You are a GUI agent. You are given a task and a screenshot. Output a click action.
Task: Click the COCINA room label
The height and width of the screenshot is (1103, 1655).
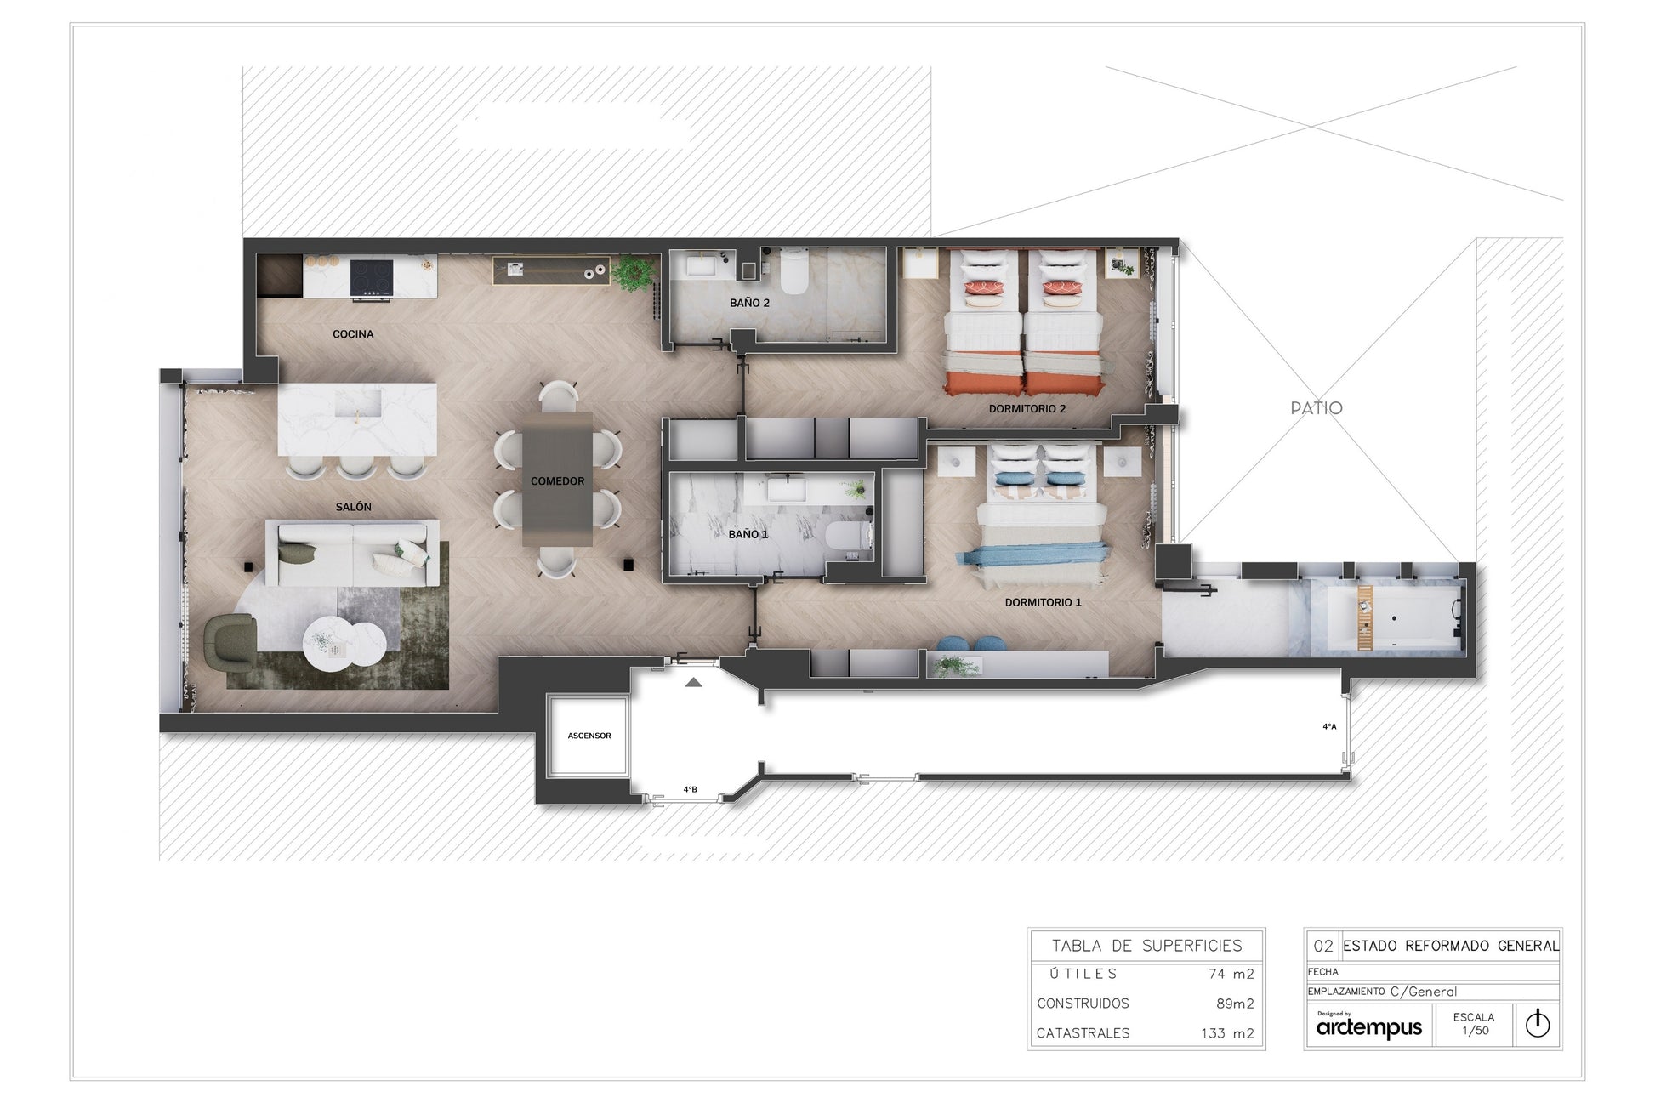pos(353,334)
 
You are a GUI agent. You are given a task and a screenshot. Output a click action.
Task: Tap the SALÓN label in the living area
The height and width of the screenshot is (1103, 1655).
pos(354,507)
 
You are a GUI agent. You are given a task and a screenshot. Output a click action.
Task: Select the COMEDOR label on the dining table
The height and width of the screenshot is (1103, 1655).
pos(558,481)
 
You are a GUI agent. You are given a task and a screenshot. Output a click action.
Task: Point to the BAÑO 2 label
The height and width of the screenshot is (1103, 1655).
pos(749,303)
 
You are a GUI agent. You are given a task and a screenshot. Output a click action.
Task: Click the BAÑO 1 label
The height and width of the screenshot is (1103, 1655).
pos(748,534)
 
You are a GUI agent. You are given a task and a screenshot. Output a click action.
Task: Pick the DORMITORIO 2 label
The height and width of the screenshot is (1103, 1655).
pos(1027,409)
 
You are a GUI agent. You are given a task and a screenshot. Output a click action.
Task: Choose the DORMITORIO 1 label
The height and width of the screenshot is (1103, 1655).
pos(1044,602)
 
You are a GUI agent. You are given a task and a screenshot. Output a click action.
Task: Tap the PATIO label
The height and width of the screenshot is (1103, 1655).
pos(1317,408)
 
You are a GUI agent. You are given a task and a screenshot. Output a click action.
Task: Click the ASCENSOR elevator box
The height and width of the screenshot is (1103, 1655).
pos(589,736)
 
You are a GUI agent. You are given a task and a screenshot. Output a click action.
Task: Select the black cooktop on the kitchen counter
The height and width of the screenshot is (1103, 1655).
pos(373,277)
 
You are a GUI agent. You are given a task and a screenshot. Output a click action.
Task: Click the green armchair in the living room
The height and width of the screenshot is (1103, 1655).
pos(230,640)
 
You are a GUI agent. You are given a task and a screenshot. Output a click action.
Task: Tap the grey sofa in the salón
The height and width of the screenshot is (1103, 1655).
pos(353,554)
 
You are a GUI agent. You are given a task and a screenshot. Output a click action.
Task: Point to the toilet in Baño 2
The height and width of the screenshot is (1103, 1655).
pos(794,271)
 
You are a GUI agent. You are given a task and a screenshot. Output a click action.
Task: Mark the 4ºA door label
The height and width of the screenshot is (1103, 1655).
pos(1329,726)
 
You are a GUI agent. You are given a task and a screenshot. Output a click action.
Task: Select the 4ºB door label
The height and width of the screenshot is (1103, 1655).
pos(691,789)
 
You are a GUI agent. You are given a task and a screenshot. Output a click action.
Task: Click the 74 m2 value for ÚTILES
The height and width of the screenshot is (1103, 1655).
pos(1231,975)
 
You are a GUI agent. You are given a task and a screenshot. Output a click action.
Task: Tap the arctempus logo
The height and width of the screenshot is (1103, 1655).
pos(1368,1026)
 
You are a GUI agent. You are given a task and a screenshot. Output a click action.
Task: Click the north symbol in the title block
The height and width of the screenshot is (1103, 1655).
pos(1538,1024)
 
